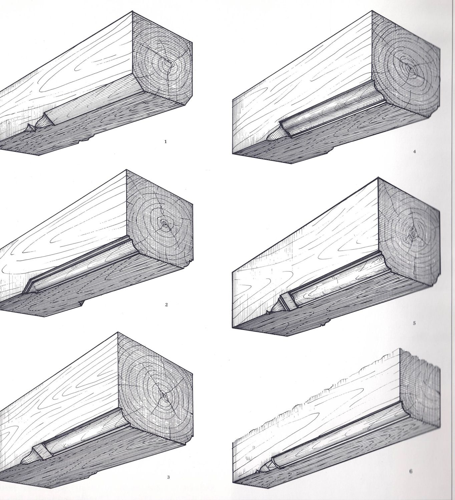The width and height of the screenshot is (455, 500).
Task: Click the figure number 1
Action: [x=165, y=142]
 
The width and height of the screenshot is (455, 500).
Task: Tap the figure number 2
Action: [x=166, y=305]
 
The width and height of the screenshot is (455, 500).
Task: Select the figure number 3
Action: [x=168, y=468]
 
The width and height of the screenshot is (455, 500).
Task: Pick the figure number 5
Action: [x=414, y=323]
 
